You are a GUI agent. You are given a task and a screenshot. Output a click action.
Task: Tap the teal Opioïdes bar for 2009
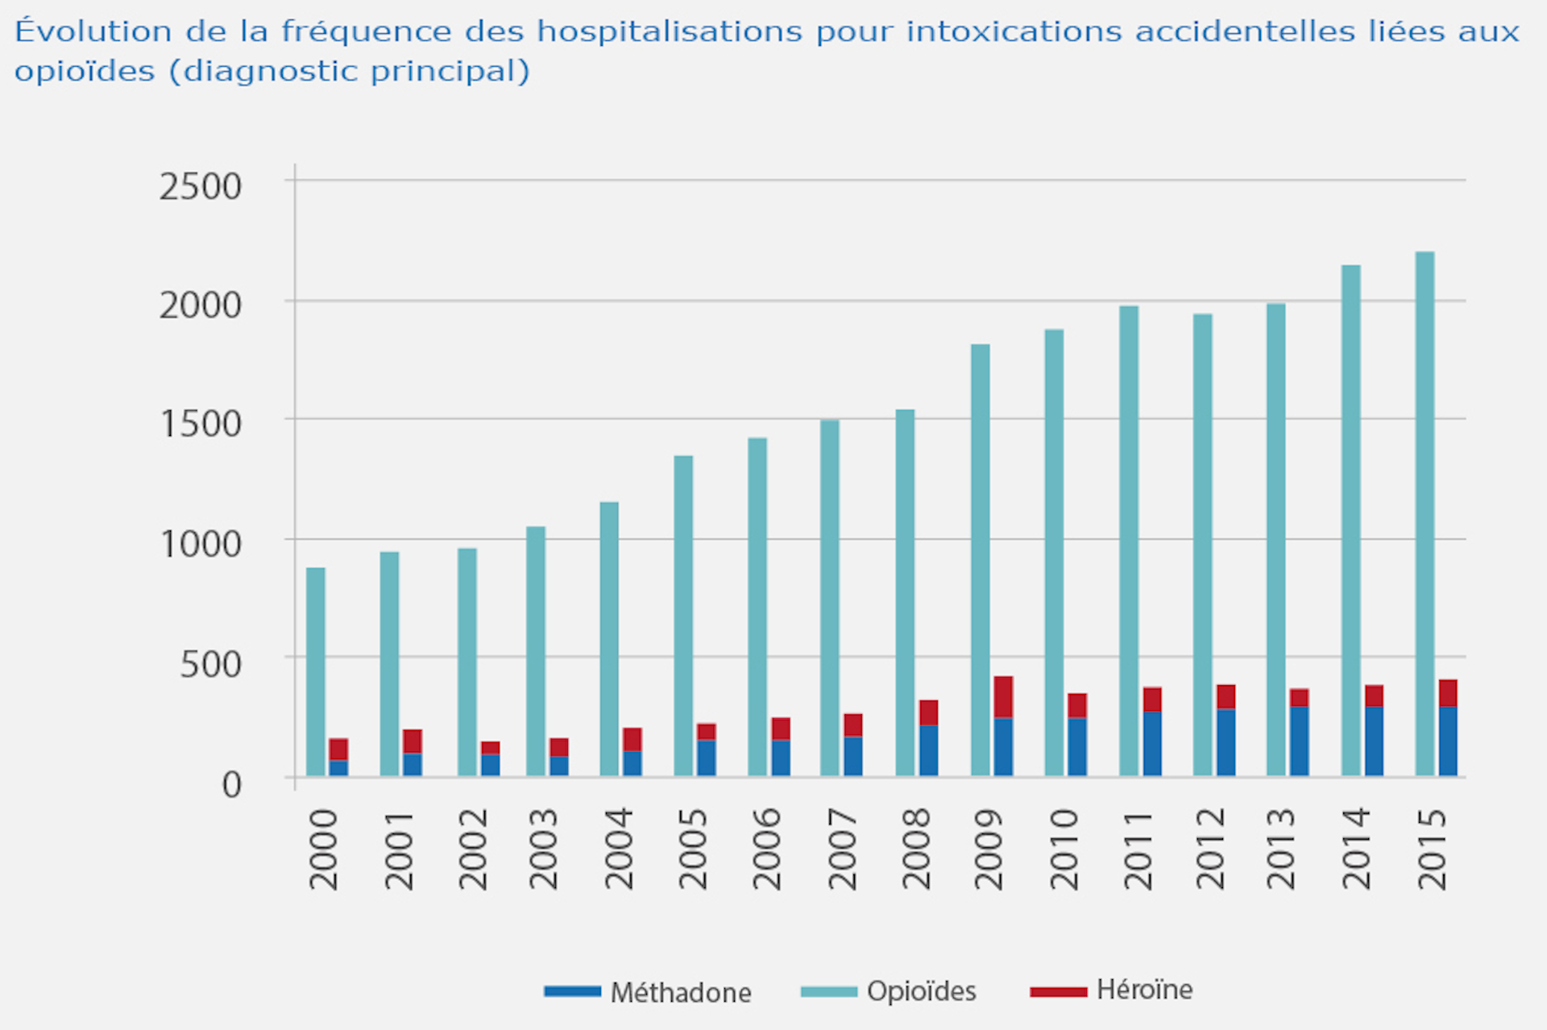[981, 560]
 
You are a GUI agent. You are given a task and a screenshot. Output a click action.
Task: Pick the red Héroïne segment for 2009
[1003, 697]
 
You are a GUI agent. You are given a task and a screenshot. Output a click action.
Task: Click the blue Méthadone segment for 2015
[1448, 741]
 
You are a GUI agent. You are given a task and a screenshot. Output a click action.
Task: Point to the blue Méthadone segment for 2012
[1226, 742]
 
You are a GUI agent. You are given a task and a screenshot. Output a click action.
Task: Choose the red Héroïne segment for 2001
[413, 741]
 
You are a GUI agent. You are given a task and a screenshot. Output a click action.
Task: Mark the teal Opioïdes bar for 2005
[683, 616]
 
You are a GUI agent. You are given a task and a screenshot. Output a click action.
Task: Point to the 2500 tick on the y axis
[201, 186]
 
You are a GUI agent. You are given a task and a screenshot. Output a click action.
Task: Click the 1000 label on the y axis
[201, 544]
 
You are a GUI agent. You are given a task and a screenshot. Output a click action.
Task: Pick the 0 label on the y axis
[231, 784]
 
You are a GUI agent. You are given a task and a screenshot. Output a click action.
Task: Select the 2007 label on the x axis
[842, 849]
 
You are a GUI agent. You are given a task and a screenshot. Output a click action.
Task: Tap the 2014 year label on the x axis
[1356, 849]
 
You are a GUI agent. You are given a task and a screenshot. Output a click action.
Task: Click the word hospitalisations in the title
[670, 31]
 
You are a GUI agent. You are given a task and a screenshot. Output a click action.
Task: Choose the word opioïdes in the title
[85, 72]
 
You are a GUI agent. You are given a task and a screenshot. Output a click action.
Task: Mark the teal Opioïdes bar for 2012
[1203, 545]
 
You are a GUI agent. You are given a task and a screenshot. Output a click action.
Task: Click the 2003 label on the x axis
[544, 849]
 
